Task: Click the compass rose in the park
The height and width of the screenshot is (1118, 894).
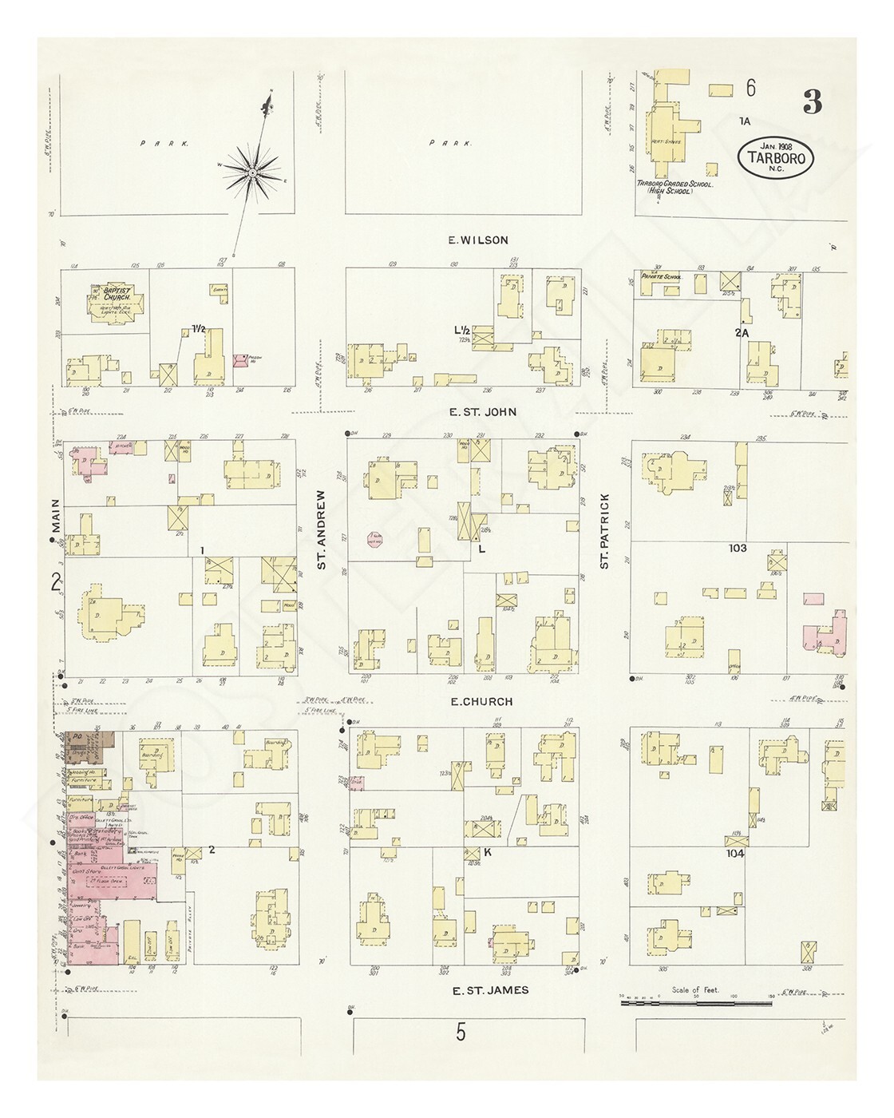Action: (252, 172)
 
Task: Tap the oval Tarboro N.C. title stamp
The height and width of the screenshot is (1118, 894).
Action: (775, 157)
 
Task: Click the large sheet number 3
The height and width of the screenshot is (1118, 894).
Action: (812, 102)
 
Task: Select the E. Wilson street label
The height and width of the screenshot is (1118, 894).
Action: (478, 240)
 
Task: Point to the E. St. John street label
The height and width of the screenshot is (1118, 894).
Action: (483, 412)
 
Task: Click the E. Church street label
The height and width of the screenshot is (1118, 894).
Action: (481, 702)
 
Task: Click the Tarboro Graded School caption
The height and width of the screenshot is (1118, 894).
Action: (674, 187)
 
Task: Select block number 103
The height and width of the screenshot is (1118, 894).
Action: (737, 548)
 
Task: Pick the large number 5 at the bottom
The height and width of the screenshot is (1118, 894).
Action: (461, 1033)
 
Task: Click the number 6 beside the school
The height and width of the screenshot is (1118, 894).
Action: (750, 89)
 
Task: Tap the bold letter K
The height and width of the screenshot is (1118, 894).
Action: (486, 853)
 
